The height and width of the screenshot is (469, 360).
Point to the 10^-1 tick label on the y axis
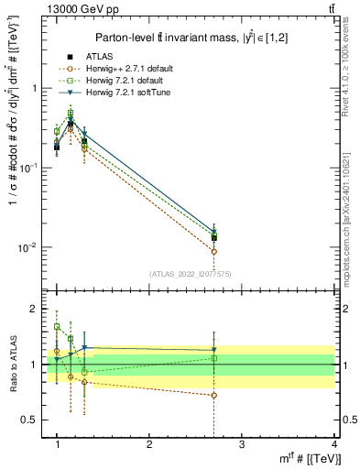[x=30, y=169]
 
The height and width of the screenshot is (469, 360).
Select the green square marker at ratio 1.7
[x=57, y=326]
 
